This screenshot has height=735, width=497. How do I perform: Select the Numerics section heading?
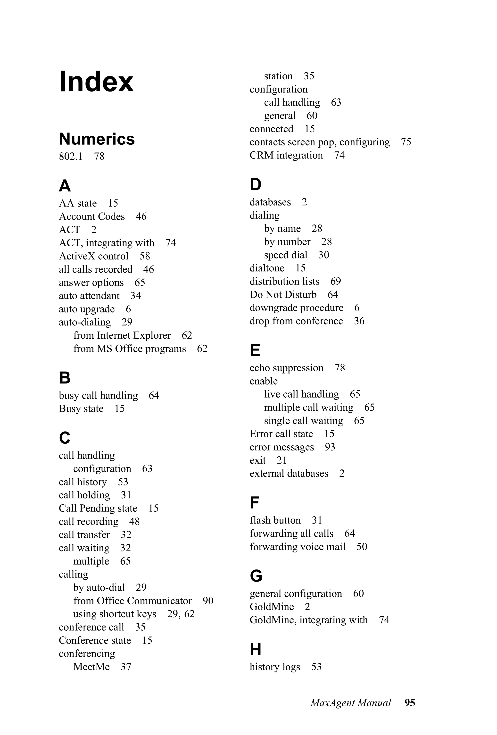[x=97, y=139]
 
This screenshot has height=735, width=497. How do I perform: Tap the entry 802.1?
[x=71, y=156]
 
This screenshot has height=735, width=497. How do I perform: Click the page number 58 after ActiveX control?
[x=145, y=256]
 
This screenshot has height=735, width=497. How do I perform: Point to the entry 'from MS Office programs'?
[x=130, y=349]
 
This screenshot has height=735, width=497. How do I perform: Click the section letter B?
[x=65, y=378]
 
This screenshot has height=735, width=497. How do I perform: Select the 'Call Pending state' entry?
[x=98, y=508]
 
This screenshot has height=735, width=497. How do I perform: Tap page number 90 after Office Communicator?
[x=208, y=601]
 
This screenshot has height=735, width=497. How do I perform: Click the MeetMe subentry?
[x=91, y=667]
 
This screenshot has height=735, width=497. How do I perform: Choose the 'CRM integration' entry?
[x=286, y=155]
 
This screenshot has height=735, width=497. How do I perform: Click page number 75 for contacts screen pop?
[x=406, y=142]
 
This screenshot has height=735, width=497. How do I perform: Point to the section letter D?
[x=256, y=184]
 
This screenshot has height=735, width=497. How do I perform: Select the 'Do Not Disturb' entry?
[x=283, y=294]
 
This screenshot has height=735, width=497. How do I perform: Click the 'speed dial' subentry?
[x=285, y=255]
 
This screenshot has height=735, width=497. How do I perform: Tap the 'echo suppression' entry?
[x=286, y=368]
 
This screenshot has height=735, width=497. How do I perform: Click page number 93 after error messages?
[x=330, y=447]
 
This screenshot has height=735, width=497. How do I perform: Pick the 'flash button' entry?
[x=275, y=520]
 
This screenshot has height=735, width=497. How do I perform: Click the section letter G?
[x=256, y=576]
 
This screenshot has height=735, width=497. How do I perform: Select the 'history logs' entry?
[x=275, y=667]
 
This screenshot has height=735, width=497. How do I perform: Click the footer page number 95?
[x=410, y=703]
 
